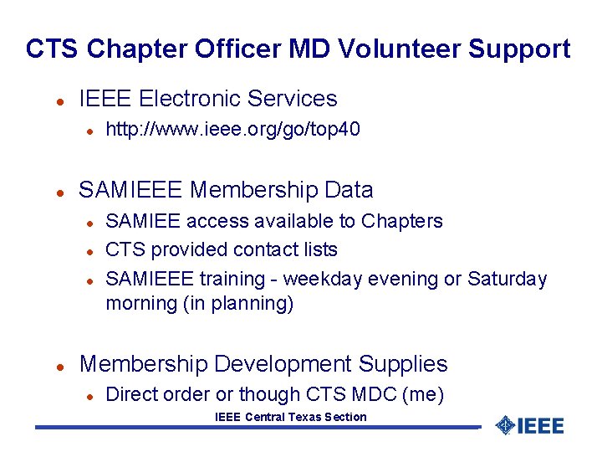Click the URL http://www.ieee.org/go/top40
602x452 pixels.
click(x=232, y=129)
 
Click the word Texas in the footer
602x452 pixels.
click(x=309, y=417)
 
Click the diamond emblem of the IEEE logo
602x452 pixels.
click(x=505, y=425)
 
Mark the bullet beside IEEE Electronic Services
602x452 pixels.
click(x=59, y=100)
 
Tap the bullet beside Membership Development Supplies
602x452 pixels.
click(x=59, y=366)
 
